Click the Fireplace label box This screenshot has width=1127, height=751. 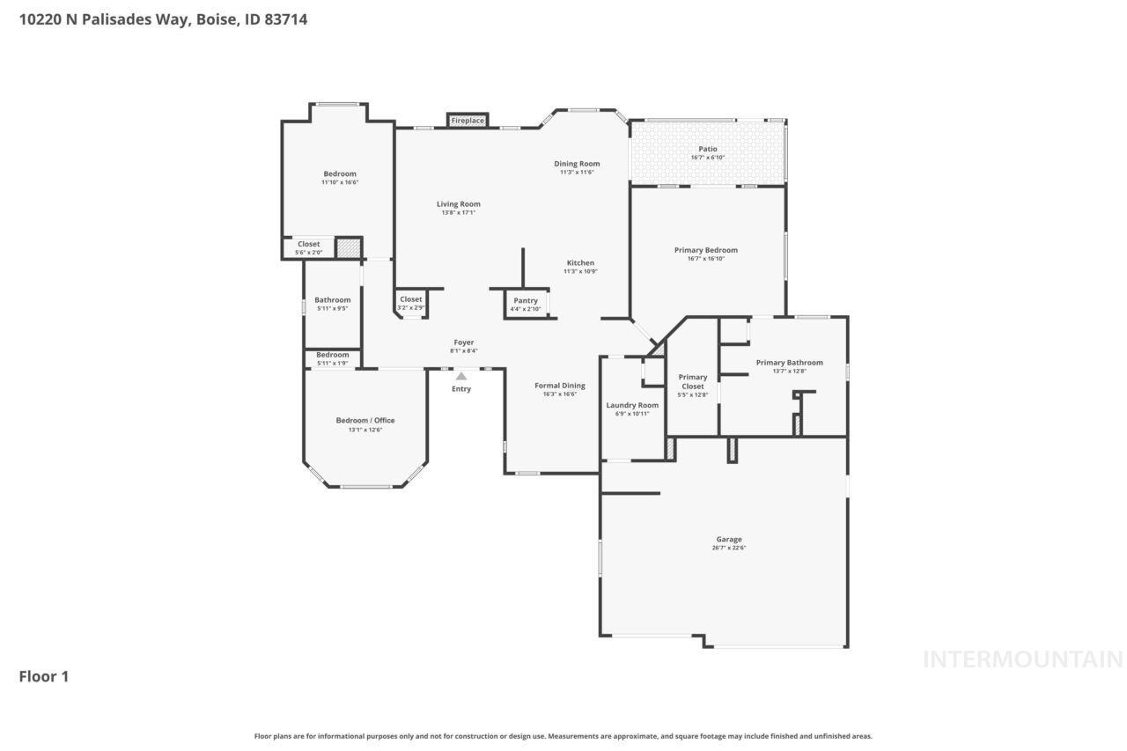(468, 120)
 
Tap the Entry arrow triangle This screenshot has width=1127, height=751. (461, 376)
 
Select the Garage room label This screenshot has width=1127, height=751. (729, 540)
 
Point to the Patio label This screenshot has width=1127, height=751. (708, 150)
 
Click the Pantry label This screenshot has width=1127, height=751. (526, 301)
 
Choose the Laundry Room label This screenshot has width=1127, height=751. (632, 405)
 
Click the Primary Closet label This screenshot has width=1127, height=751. (693, 382)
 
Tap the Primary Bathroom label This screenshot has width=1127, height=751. (789, 363)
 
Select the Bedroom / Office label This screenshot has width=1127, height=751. (365, 421)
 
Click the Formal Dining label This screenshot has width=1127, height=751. (560, 386)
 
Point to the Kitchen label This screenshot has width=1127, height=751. (580, 263)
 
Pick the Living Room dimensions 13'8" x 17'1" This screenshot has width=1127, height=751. (459, 212)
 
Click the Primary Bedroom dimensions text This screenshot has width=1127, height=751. (706, 259)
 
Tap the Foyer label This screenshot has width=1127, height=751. (464, 342)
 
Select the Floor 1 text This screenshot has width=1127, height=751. (44, 676)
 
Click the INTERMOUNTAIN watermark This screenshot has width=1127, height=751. (1022, 659)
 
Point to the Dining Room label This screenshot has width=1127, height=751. (577, 164)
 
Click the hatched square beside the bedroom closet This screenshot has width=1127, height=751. (349, 247)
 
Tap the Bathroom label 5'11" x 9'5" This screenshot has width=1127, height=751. (333, 300)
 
